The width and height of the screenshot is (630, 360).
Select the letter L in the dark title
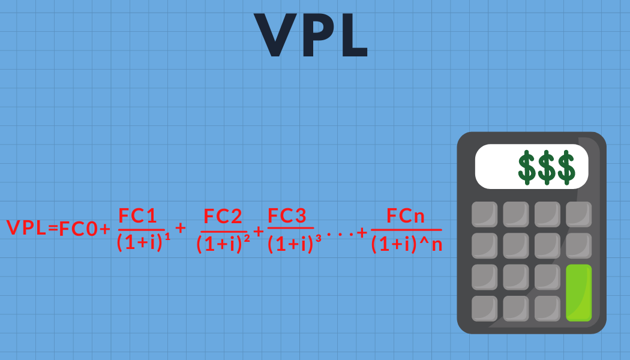(350, 34)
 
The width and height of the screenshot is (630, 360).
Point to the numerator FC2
(223, 217)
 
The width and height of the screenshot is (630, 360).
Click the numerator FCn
(406, 217)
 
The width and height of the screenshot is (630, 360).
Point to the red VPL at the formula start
(26, 228)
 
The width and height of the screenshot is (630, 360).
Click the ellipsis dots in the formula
(340, 233)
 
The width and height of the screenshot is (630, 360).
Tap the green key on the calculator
(578, 292)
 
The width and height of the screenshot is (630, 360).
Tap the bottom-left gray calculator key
(484, 308)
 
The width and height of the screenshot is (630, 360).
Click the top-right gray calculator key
(578, 214)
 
